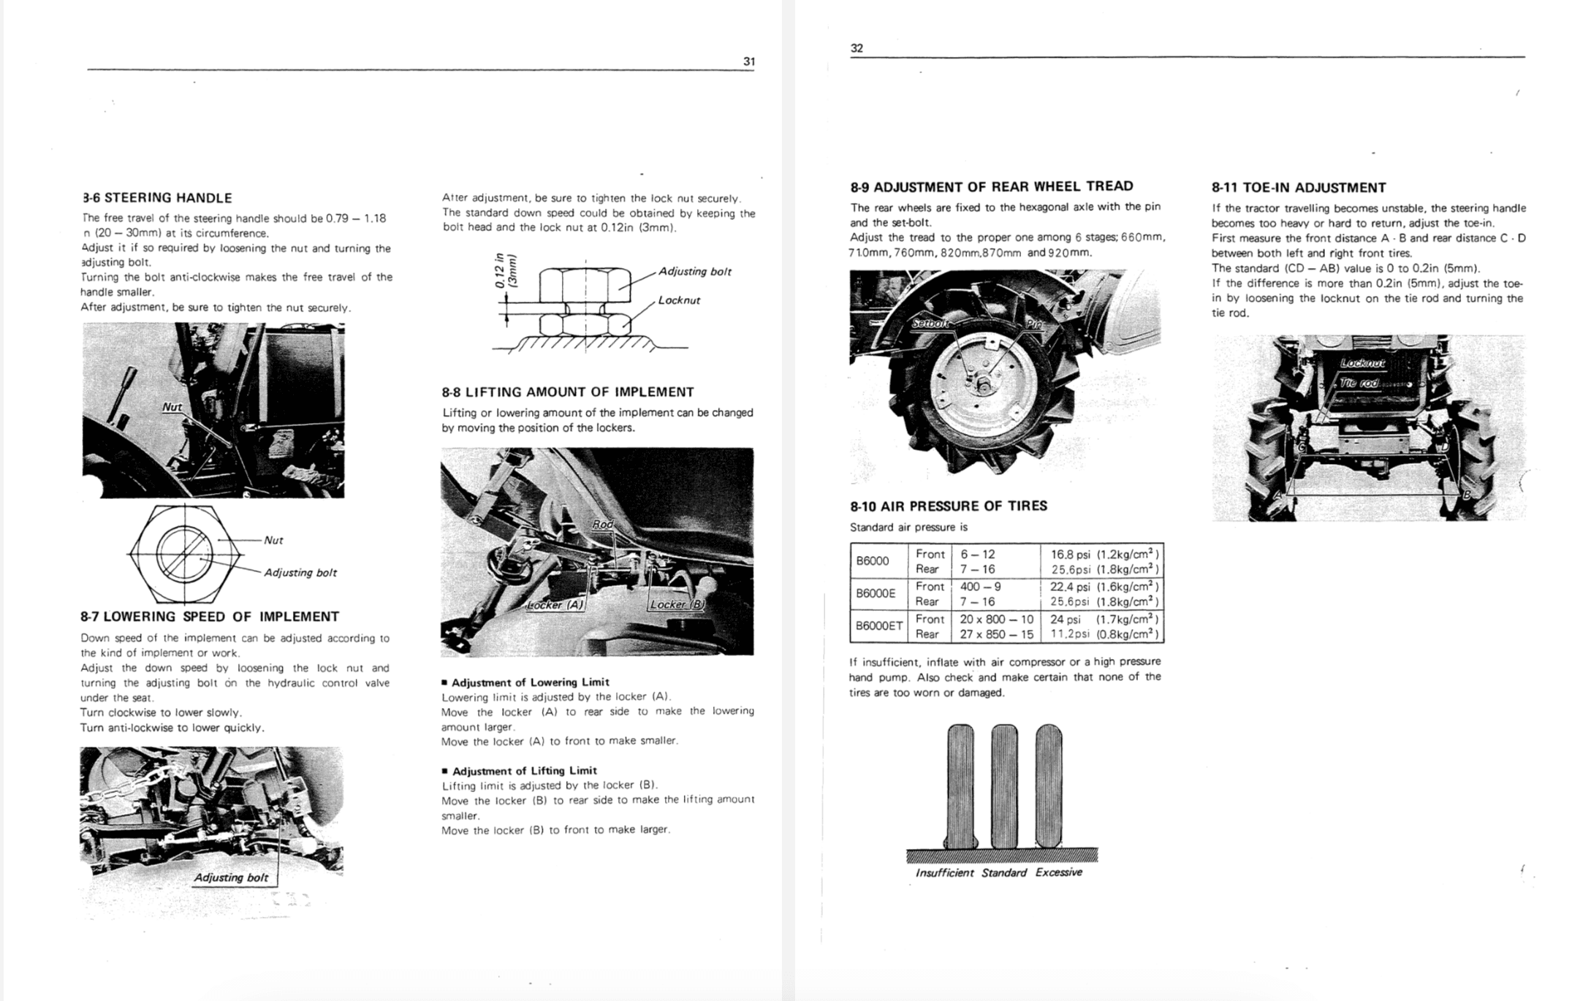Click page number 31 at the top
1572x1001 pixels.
pos(748,61)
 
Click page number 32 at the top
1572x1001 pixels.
pos(857,48)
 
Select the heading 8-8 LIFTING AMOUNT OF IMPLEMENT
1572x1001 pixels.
pos(568,392)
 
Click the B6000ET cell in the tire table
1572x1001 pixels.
pos(879,626)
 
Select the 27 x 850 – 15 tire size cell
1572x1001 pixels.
pos(996,634)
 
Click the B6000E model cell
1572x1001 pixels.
pos(876,593)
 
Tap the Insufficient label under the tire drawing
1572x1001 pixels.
pos(944,872)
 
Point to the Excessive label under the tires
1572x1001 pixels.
pos(1058,872)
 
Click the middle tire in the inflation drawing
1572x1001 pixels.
pos(1005,785)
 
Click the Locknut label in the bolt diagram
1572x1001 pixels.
pos(678,300)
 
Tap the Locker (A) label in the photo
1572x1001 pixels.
pos(555,605)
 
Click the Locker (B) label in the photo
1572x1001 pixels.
pos(676,605)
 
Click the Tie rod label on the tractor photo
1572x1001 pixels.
pos(1359,383)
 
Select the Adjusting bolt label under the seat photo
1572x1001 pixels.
pos(231,878)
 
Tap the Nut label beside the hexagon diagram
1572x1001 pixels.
pos(273,540)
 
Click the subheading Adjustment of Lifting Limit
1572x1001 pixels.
pos(524,771)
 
